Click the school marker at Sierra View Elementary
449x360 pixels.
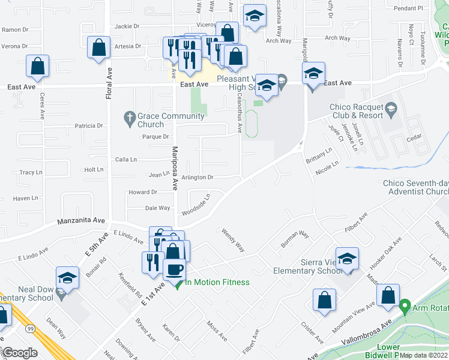347,259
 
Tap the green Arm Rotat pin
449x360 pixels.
405,308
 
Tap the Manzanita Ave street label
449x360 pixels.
82,221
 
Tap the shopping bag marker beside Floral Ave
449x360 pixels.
98,47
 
